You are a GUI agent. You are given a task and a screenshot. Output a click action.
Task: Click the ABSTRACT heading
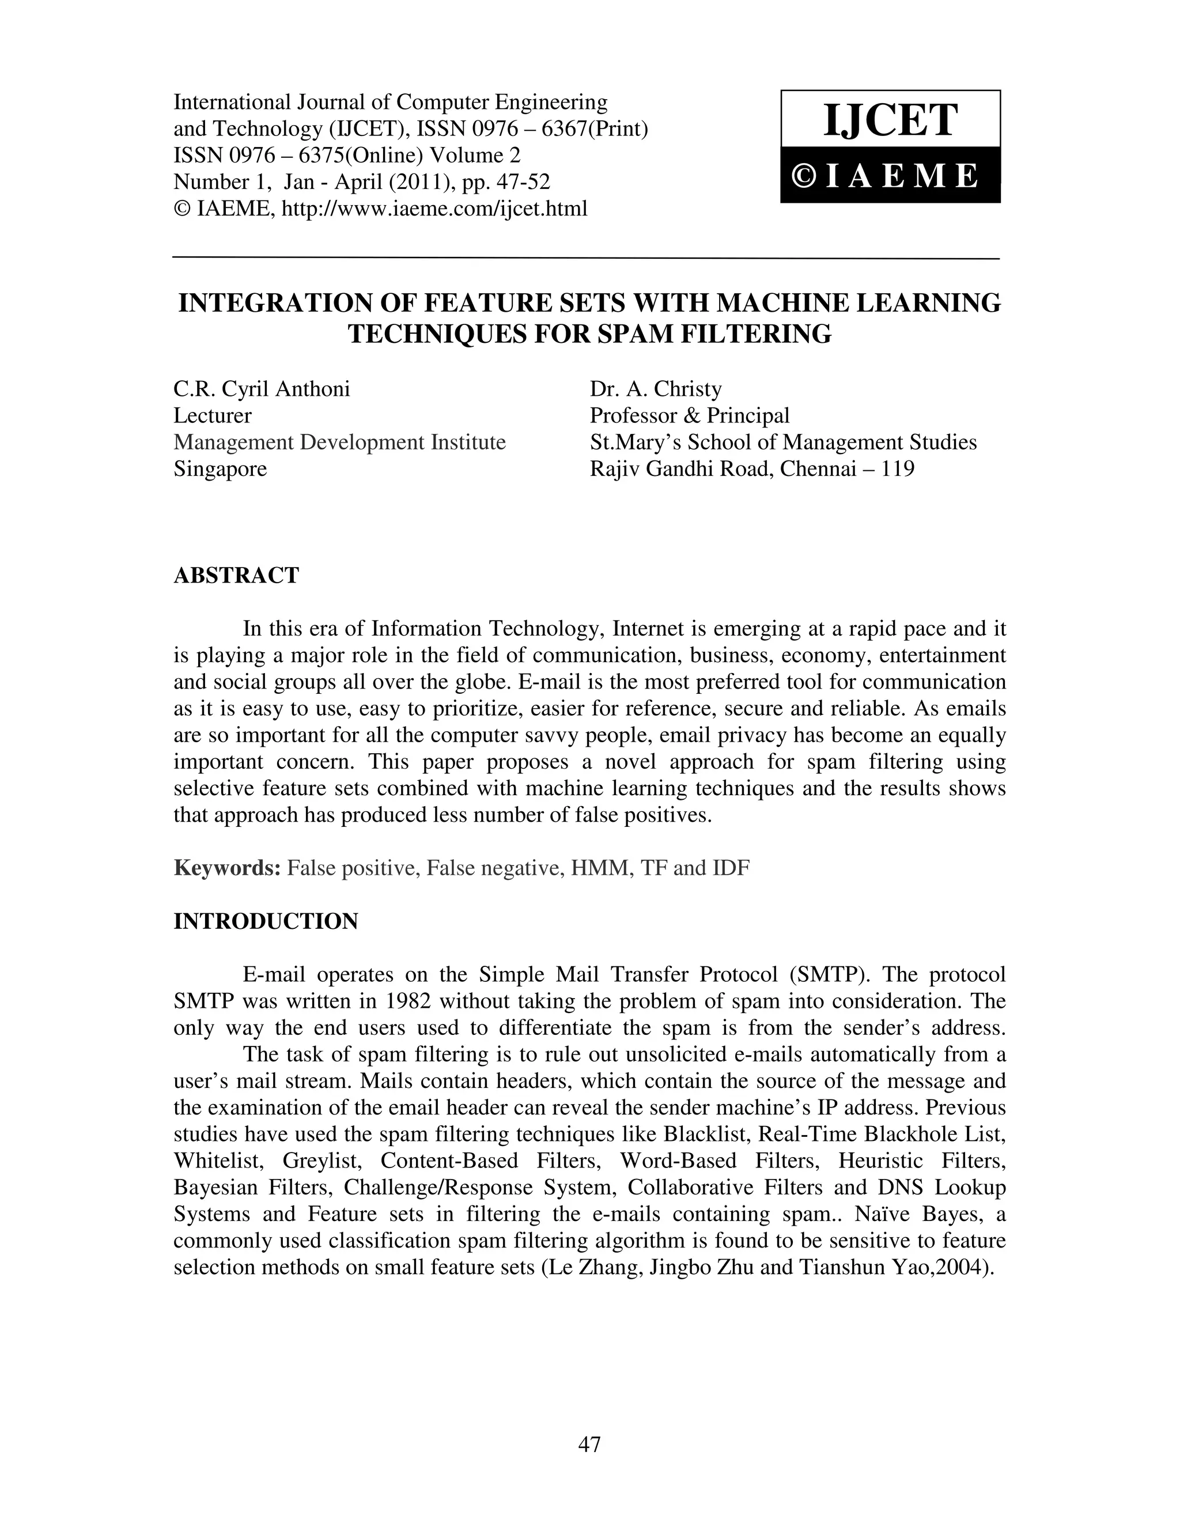coord(236,576)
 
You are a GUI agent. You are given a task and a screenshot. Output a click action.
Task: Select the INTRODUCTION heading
coord(266,921)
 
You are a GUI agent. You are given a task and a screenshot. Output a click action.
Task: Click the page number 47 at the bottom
coord(589,1444)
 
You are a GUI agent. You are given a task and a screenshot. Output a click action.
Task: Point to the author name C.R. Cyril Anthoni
coord(262,389)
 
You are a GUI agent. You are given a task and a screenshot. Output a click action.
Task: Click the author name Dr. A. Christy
coord(656,389)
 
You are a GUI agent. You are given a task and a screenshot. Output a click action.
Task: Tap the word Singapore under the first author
coord(220,468)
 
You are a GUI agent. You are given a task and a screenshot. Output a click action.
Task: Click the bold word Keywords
coord(226,868)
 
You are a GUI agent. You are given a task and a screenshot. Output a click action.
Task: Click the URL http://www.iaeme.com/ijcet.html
coord(433,209)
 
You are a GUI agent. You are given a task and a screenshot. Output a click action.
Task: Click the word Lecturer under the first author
coord(212,415)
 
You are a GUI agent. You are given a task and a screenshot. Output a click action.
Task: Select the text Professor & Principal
coord(689,415)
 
